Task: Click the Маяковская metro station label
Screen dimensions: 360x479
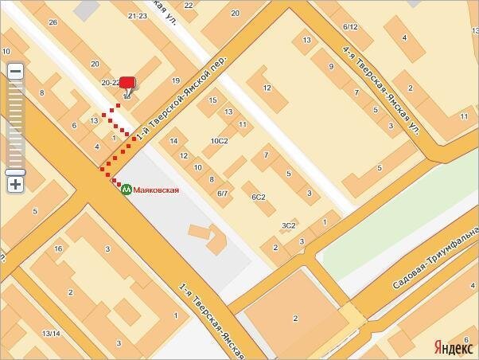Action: tap(156, 190)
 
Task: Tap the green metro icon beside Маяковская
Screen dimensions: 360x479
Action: tap(126, 190)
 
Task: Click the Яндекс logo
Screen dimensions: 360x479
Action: tap(453, 347)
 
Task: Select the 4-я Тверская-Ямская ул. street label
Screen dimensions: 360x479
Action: tap(380, 87)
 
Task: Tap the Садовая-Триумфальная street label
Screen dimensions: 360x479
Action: tap(434, 261)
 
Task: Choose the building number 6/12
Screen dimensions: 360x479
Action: tap(350, 27)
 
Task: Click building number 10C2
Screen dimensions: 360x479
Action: tap(219, 141)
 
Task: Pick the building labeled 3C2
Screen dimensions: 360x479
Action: tap(288, 225)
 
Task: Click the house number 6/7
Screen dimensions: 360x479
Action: tap(224, 194)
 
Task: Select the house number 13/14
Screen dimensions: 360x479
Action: tap(51, 333)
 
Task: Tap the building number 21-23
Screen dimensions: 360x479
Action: tap(137, 16)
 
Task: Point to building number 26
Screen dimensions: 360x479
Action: tap(53, 22)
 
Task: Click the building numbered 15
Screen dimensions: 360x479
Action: tap(212, 100)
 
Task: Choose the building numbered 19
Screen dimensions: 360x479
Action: tap(176, 80)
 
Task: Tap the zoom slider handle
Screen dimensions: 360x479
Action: tap(15, 172)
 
